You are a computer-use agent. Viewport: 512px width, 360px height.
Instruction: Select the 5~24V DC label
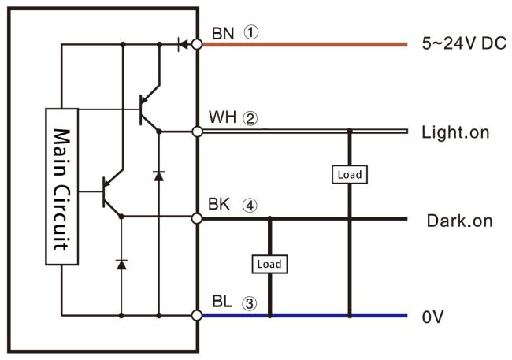coord(463,43)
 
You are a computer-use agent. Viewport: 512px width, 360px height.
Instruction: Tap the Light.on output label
coord(456,132)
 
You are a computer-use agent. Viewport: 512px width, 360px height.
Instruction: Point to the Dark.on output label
coord(459,221)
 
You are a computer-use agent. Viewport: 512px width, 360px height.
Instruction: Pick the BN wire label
coord(223,32)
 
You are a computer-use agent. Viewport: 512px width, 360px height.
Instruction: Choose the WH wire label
coord(223,118)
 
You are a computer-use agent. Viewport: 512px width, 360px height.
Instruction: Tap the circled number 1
coord(251,32)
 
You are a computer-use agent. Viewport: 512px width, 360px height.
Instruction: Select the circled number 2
coord(250,118)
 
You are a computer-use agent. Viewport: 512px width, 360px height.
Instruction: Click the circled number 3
coord(250,302)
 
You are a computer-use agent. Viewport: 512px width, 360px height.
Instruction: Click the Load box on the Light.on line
coord(350,173)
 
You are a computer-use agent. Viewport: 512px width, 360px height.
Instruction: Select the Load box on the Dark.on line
coord(269,263)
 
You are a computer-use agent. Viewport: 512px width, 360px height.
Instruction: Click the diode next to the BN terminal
coord(181,44)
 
